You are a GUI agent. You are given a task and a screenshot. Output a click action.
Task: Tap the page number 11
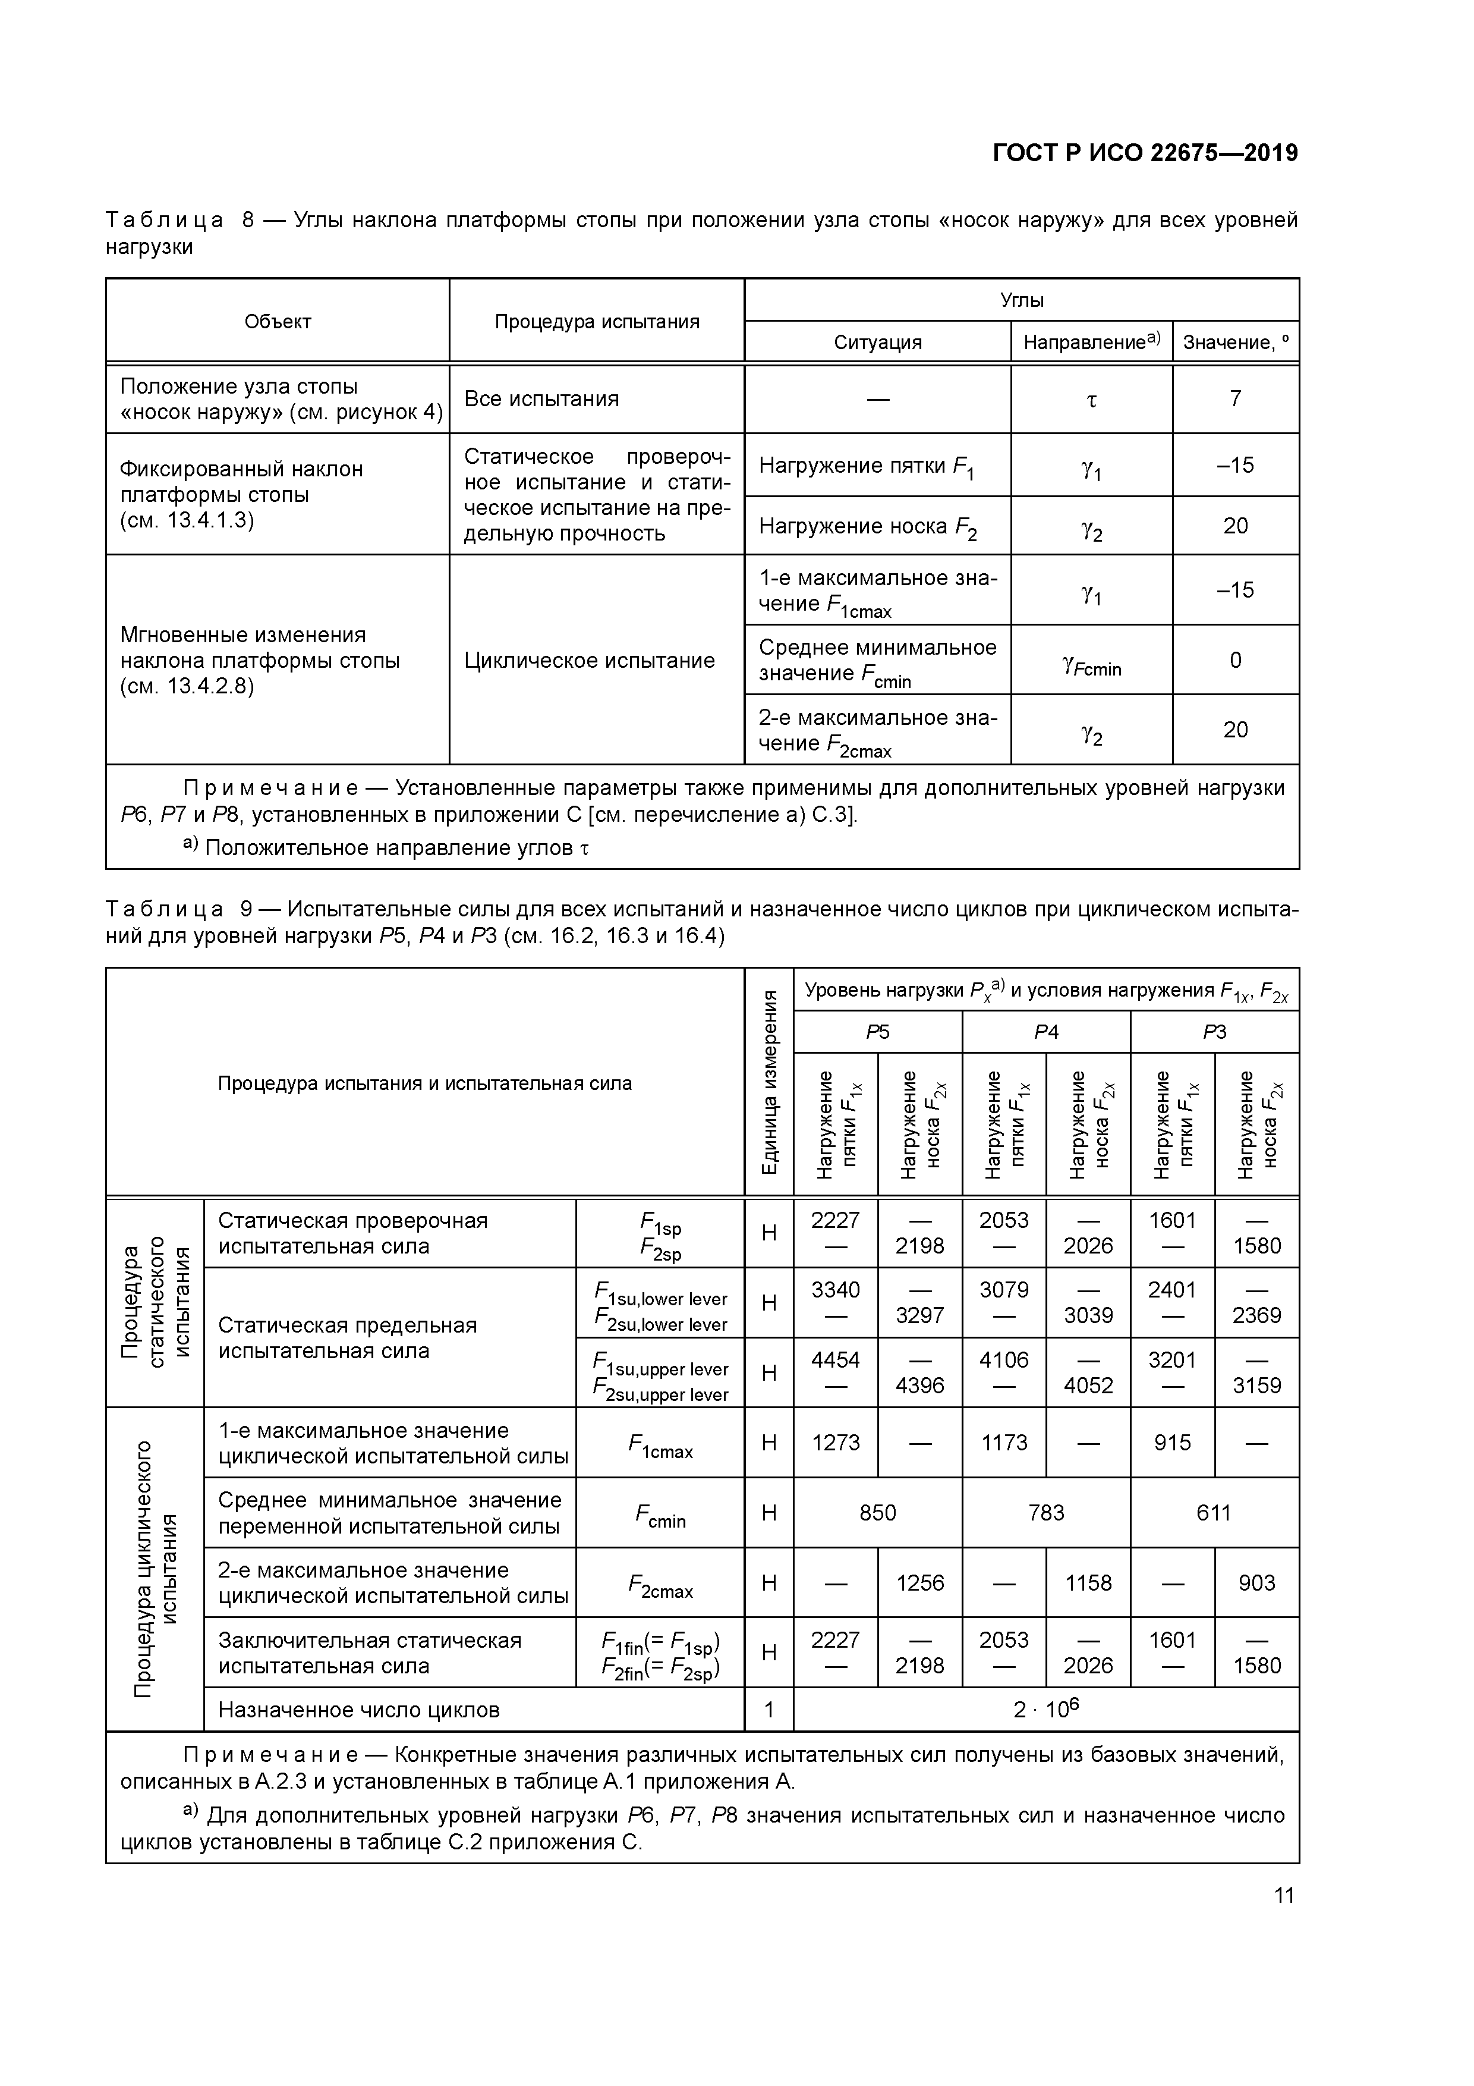pos(1283,1895)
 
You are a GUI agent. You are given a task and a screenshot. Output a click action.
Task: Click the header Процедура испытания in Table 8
pos(597,322)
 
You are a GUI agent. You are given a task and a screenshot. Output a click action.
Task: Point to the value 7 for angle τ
pos(1235,399)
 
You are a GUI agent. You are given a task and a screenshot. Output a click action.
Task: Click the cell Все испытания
pos(541,399)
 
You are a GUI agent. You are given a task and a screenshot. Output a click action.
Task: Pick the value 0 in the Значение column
pos(1235,661)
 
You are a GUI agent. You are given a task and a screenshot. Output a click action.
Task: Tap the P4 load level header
pos(1045,1032)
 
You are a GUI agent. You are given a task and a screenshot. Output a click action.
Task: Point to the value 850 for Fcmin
pos(877,1513)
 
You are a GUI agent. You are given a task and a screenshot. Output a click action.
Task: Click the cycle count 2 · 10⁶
pos(1045,1709)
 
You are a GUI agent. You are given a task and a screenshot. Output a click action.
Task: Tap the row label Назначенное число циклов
pos(359,1710)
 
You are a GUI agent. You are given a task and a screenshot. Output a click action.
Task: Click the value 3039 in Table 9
pos(1088,1315)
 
